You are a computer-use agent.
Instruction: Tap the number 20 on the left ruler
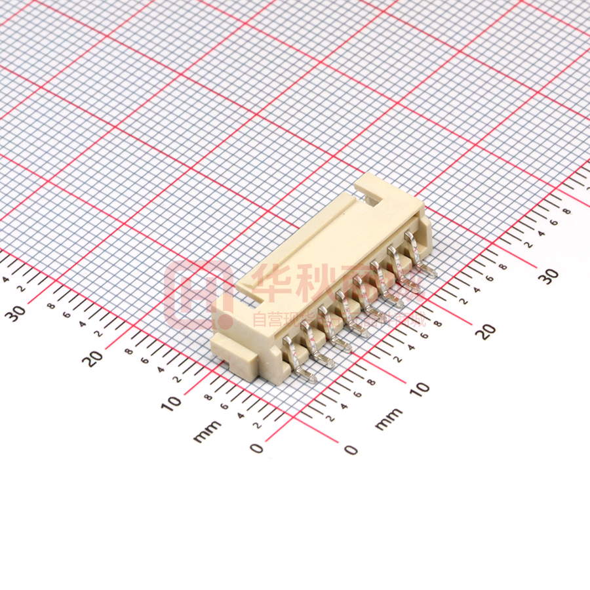96,357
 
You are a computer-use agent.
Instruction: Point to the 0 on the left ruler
257,448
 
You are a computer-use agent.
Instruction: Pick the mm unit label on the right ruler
389,419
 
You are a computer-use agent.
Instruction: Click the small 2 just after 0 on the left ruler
257,424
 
